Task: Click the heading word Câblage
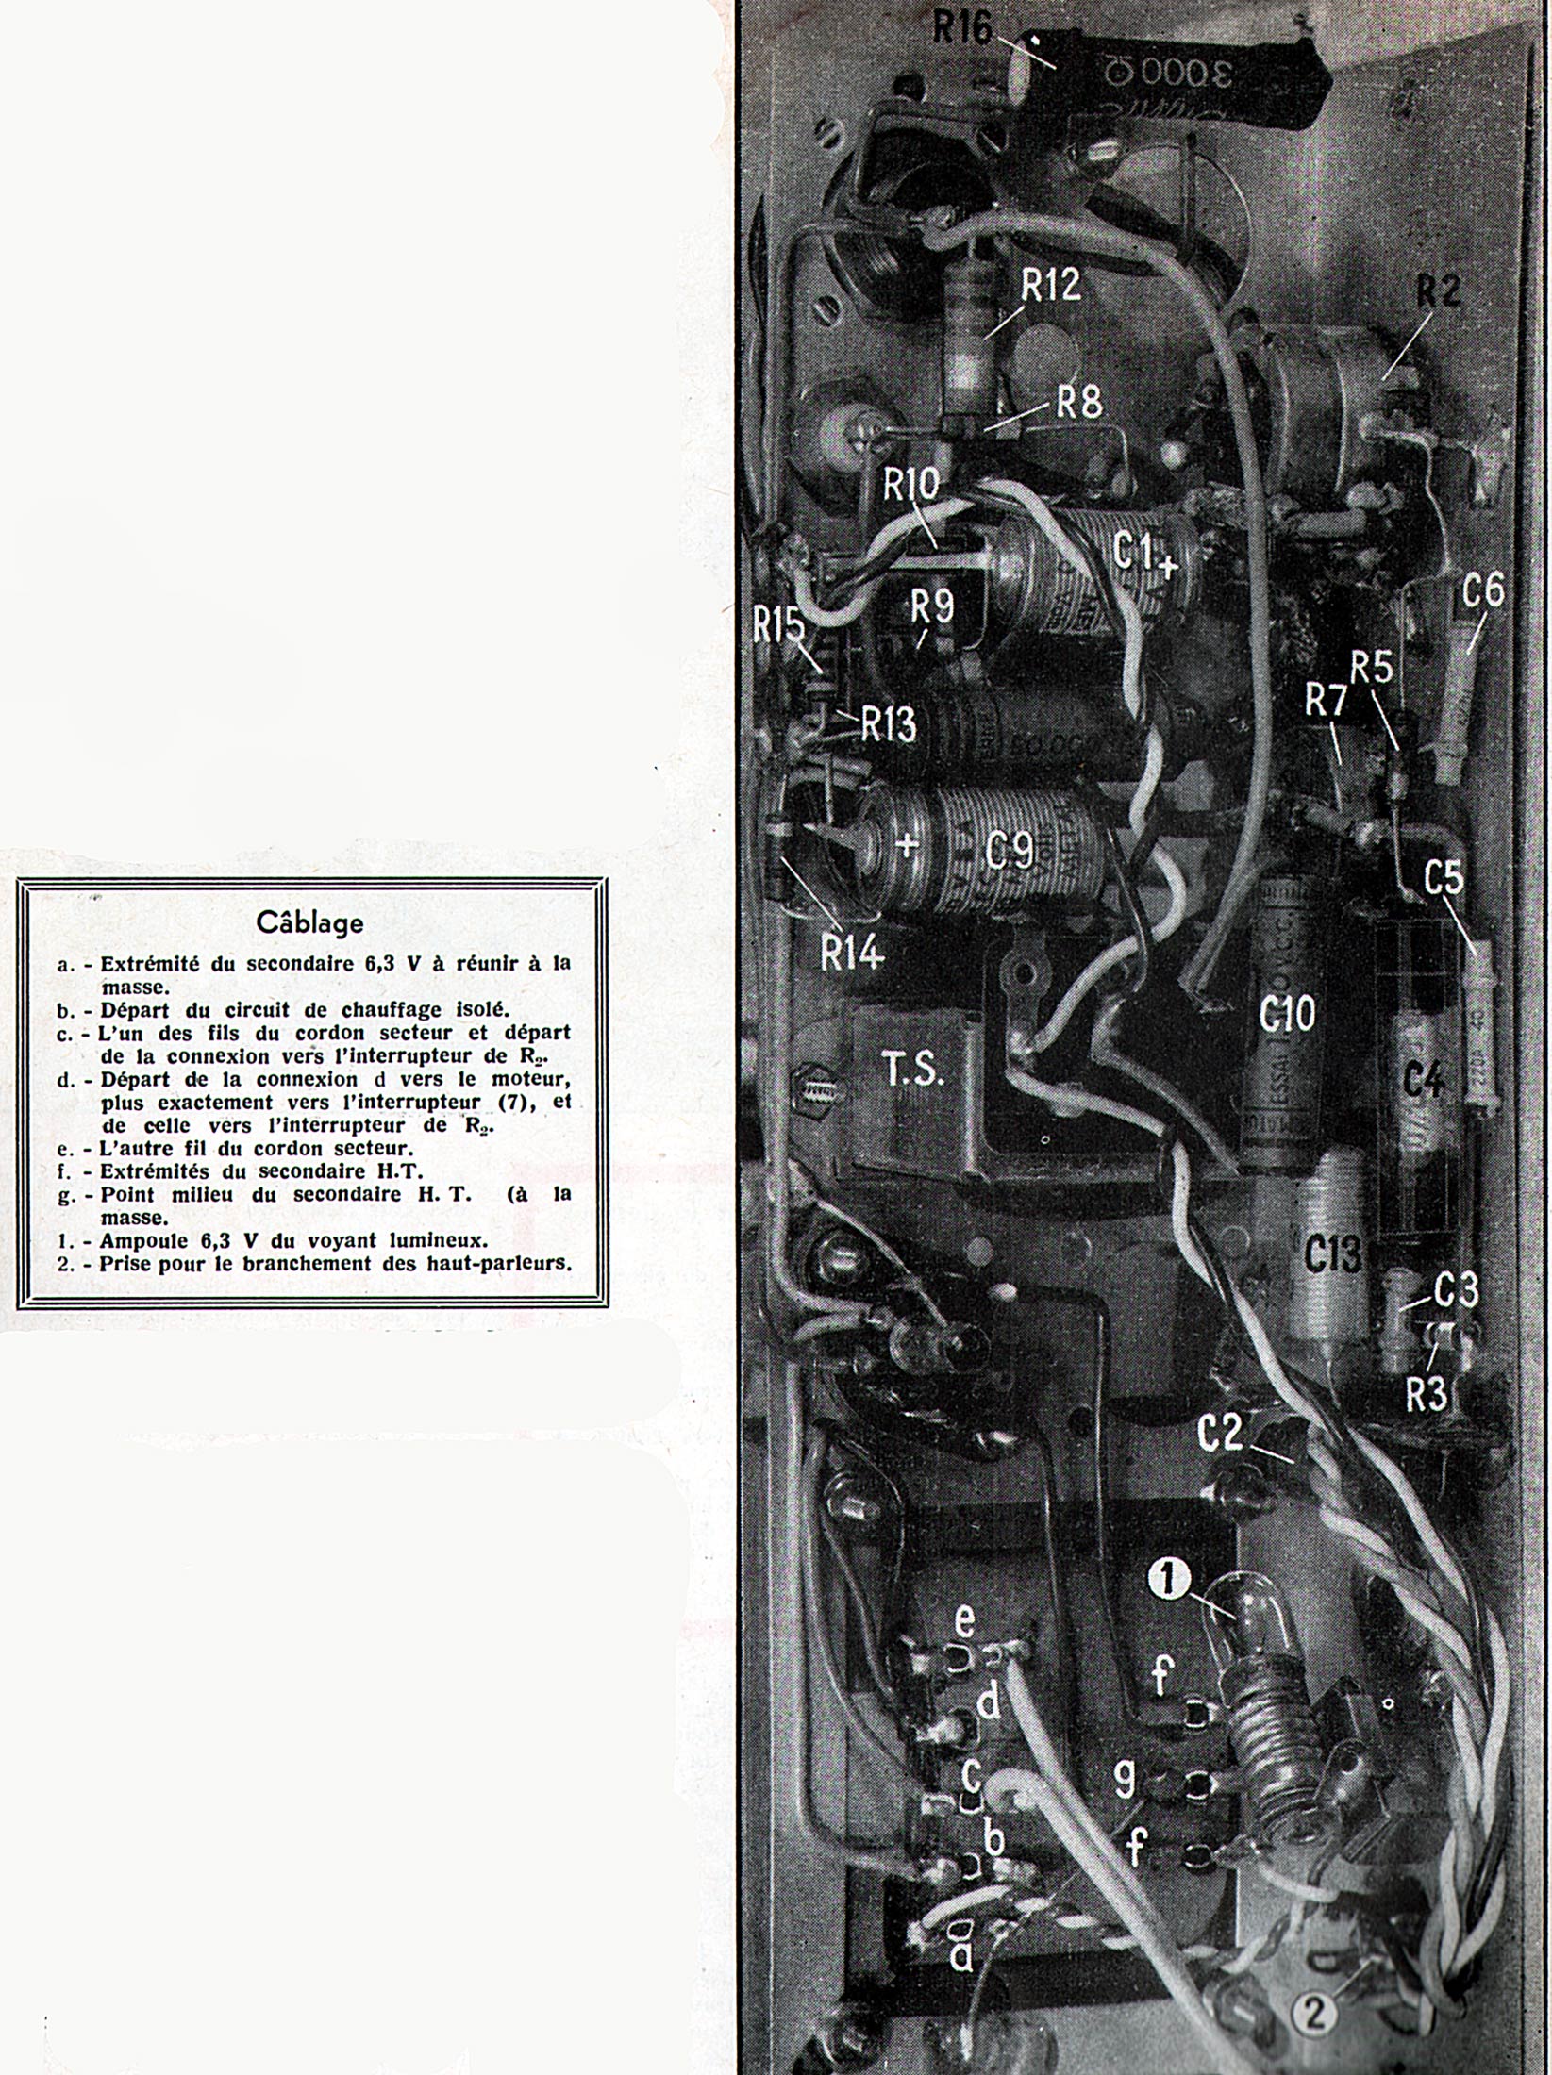pyautogui.click(x=309, y=921)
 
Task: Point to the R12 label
pyautogui.click(x=1050, y=285)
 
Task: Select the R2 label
pyautogui.click(x=1437, y=291)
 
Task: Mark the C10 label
pyautogui.click(x=1287, y=1015)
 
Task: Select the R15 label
pyautogui.click(x=778, y=625)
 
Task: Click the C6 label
pyautogui.click(x=1483, y=592)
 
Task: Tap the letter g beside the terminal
pyautogui.click(x=1125, y=1777)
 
